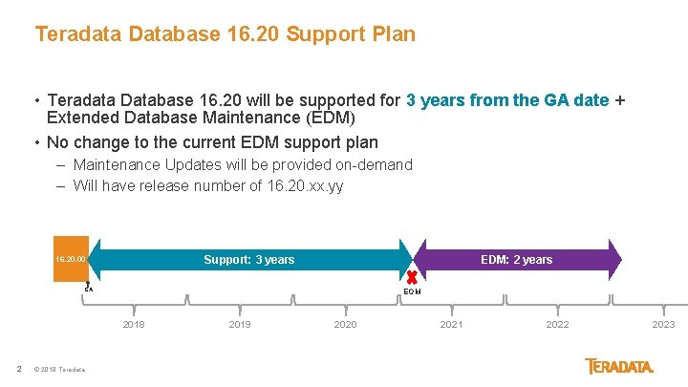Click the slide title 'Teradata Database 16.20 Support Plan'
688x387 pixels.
click(225, 34)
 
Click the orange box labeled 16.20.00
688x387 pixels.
click(71, 259)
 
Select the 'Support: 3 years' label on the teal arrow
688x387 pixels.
click(248, 260)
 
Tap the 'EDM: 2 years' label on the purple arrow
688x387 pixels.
click(516, 260)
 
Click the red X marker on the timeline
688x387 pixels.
click(412, 276)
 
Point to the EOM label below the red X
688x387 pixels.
click(412, 291)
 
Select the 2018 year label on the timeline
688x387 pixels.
click(135, 325)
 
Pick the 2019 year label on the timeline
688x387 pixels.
click(240, 325)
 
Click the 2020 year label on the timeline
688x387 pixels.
click(345, 325)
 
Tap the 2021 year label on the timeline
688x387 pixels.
click(451, 325)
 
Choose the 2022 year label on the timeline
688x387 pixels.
click(557, 325)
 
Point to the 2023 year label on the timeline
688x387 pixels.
click(663, 325)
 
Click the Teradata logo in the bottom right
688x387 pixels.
click(619, 367)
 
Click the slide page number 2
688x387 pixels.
click(19, 370)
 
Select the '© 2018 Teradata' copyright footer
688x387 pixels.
click(59, 370)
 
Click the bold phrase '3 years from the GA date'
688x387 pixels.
click(507, 100)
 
